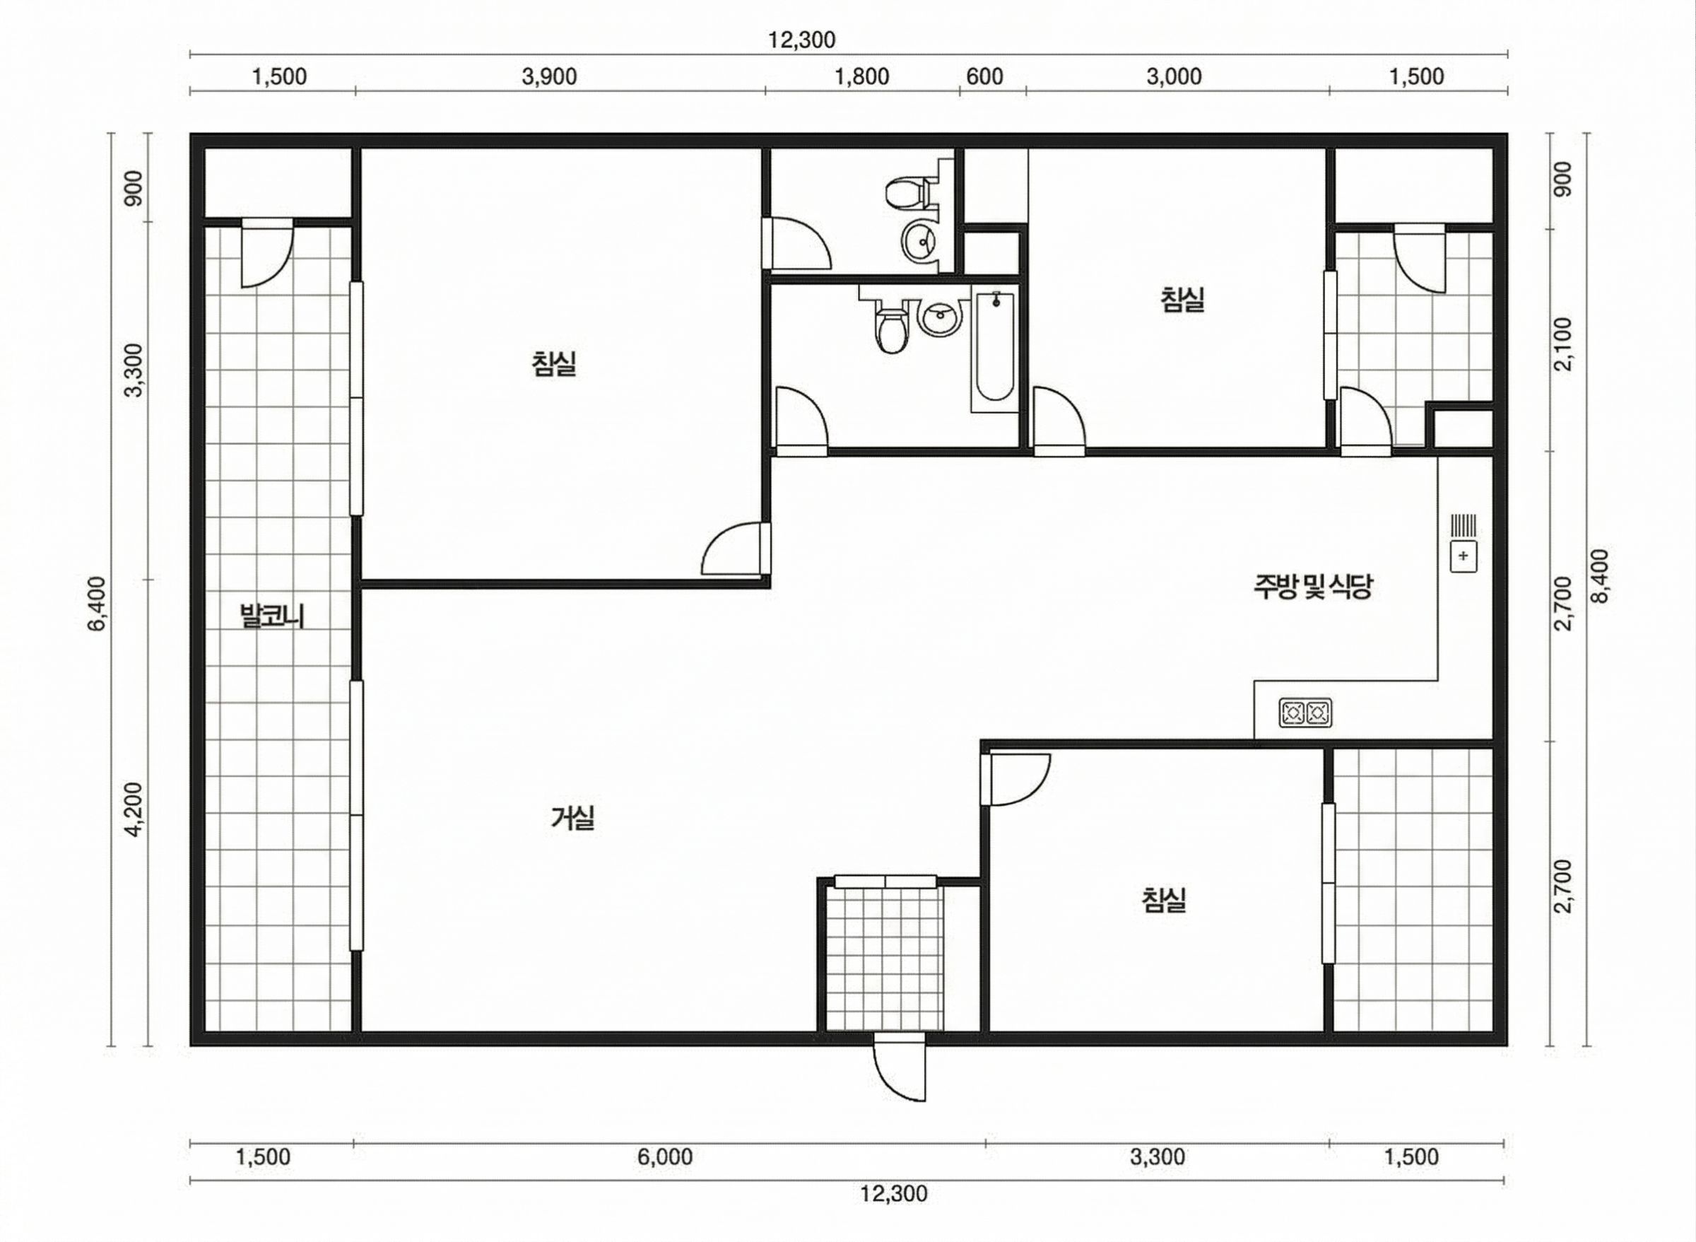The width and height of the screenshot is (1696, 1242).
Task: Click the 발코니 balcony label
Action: [x=271, y=616]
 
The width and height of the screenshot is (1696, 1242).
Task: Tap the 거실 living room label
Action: [x=572, y=817]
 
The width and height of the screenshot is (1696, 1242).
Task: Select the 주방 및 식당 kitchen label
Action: [x=1312, y=587]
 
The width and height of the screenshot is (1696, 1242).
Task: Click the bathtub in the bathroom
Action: [x=995, y=346]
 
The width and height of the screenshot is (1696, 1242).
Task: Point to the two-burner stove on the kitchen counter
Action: [x=1305, y=713]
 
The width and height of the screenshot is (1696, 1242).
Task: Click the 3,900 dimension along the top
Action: [x=548, y=76]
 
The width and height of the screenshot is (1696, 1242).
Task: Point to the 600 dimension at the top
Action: [x=984, y=76]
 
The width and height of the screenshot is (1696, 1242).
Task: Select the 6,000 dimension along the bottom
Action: [x=664, y=1156]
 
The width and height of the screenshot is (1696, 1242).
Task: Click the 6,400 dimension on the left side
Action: [x=98, y=603]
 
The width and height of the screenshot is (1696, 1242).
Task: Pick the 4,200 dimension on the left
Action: [x=134, y=809]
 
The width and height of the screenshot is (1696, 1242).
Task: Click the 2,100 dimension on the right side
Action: [x=1563, y=344]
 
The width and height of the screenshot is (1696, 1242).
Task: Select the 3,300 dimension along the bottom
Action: [x=1158, y=1156]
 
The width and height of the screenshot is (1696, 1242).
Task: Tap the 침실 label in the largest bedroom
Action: [x=554, y=364]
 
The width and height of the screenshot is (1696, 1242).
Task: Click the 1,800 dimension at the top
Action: [x=862, y=76]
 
